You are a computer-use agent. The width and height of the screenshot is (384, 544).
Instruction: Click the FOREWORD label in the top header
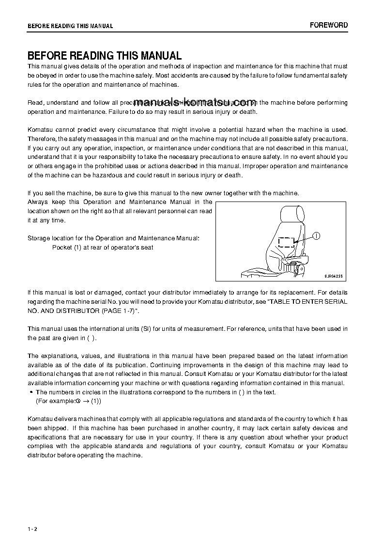tap(328, 25)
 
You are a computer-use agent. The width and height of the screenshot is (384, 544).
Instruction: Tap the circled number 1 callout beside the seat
tap(316, 236)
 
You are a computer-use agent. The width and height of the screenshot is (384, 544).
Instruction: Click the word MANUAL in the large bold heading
tap(157, 56)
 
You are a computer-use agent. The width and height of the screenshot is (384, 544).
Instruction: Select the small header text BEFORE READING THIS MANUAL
tap(70, 26)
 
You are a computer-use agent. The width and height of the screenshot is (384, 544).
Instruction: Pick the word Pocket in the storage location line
tap(61, 248)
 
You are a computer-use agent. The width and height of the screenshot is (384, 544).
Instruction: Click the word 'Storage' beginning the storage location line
tap(38, 238)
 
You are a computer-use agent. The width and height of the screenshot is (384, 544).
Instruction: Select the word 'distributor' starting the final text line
tap(42, 455)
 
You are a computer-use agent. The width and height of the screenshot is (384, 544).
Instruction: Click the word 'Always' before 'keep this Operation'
tap(37, 202)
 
